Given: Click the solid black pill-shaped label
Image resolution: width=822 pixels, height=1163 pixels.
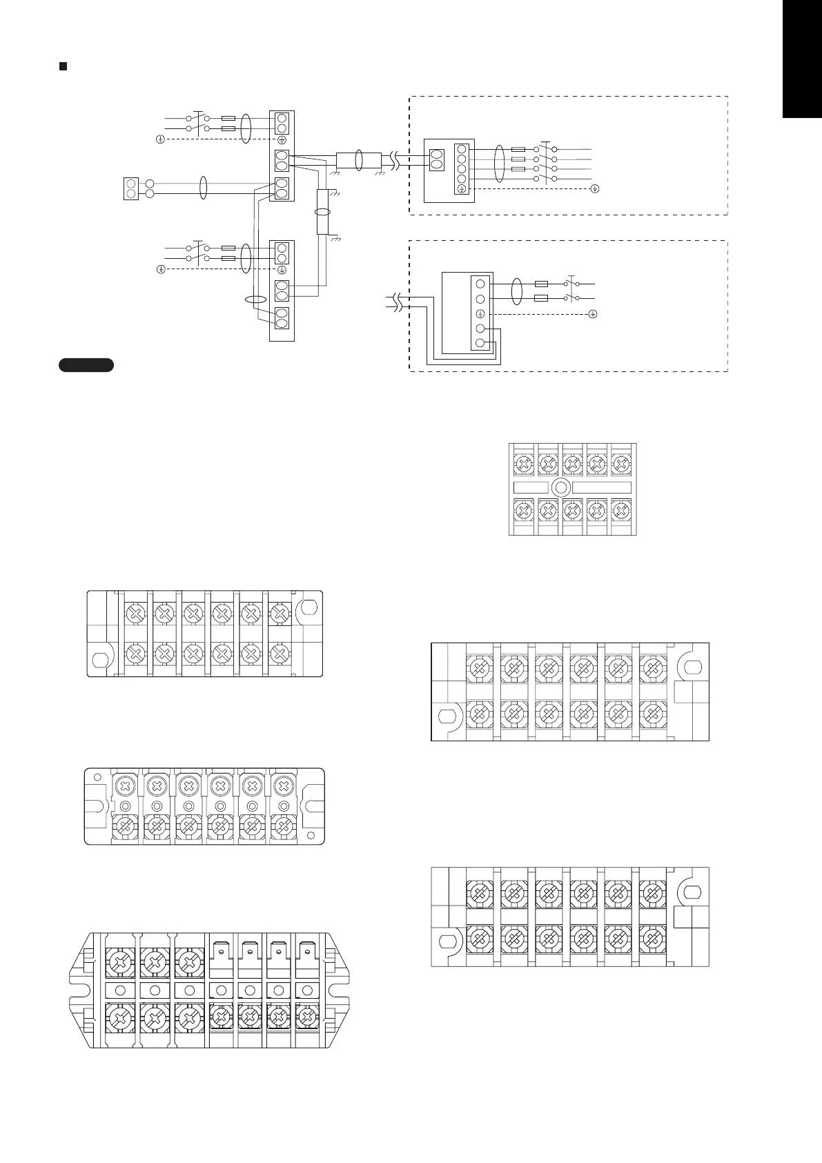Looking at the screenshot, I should point(86,365).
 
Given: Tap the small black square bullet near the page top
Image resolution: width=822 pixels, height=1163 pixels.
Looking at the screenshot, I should point(63,66).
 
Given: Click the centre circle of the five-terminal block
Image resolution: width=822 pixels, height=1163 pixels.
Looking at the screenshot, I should point(561,488).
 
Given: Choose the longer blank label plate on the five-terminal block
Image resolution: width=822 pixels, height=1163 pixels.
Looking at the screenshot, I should point(601,488).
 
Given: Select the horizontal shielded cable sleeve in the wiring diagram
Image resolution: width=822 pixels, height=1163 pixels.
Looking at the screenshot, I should point(358,160).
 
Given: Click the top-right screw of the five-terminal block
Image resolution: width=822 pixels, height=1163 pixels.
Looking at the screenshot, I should point(620,463).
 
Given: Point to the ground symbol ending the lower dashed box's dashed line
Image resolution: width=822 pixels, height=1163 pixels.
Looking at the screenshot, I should point(593,314).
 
